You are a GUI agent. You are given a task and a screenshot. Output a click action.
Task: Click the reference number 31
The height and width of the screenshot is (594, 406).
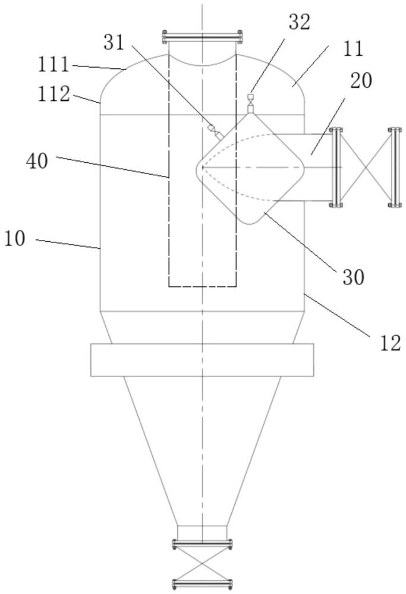pos(114,42)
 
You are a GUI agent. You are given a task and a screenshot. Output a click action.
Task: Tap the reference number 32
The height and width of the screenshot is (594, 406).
pos(300,23)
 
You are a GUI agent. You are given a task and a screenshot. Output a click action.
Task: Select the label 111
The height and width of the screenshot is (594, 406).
pos(53,64)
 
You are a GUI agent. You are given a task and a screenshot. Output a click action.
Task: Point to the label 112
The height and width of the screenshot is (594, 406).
pos(53,94)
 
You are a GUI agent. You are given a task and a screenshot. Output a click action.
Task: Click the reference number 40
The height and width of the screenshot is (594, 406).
pos(37,161)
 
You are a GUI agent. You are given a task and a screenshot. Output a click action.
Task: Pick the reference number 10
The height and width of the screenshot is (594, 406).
pos(15,239)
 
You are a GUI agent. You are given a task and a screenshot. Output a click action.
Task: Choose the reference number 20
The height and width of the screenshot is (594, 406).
pos(361,81)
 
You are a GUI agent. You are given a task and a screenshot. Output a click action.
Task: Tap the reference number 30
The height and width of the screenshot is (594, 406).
pos(353,277)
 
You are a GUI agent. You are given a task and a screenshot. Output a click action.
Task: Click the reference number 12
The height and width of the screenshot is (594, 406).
pos(390,343)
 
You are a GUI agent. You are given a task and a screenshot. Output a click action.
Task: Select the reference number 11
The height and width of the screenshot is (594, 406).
pos(353,49)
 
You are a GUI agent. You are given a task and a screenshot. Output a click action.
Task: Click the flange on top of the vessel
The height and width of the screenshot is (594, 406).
pos(203,37)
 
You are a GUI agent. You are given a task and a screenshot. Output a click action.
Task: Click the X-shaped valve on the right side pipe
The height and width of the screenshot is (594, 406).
pos(366,168)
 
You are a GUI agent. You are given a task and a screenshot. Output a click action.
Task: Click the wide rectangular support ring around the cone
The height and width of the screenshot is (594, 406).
pos(203,360)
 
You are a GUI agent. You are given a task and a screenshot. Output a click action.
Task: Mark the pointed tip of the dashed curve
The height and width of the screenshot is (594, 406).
pos(203,167)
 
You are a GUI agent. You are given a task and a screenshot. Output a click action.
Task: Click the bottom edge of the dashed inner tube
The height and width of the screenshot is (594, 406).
pos(203,286)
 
